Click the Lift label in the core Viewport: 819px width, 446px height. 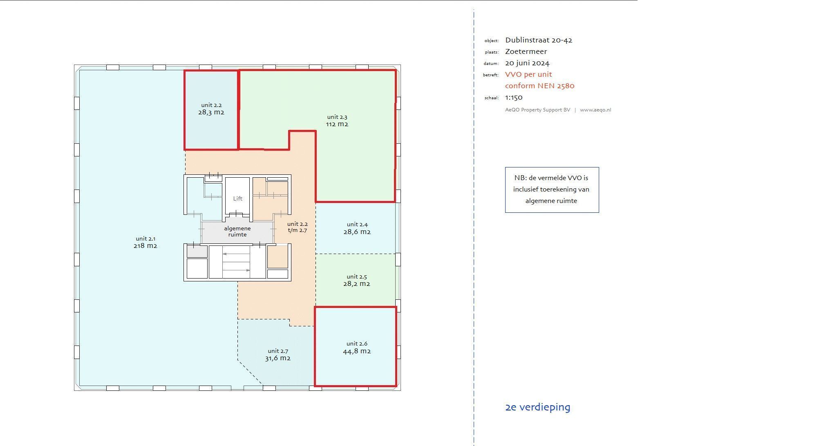tap(238, 198)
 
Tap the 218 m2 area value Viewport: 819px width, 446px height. tap(145, 246)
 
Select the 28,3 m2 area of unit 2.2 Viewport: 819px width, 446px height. tap(211, 112)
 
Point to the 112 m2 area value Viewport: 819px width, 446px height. tap(337, 124)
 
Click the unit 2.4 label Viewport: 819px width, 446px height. tap(357, 224)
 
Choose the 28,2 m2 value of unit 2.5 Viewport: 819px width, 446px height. tap(357, 284)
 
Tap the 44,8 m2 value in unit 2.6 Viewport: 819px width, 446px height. tap(357, 351)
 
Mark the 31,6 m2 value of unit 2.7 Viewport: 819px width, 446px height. tap(278, 358)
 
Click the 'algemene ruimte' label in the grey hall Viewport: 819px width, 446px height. tap(237, 232)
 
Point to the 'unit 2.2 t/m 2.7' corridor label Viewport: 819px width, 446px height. tap(298, 227)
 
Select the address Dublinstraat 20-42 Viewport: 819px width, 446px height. tap(539, 40)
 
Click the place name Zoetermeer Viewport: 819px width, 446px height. tap(526, 51)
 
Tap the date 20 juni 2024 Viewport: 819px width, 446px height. tap(527, 63)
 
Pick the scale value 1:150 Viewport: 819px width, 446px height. tap(514, 97)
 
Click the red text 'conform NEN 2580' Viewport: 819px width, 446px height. tap(540, 86)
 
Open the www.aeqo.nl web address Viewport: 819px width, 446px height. tap(595, 110)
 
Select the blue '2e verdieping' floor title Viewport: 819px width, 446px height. tap(538, 407)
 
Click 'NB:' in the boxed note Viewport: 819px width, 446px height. tap(520, 178)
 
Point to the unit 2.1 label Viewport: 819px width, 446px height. tap(145, 239)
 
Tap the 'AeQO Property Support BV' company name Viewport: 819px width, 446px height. tap(537, 110)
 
